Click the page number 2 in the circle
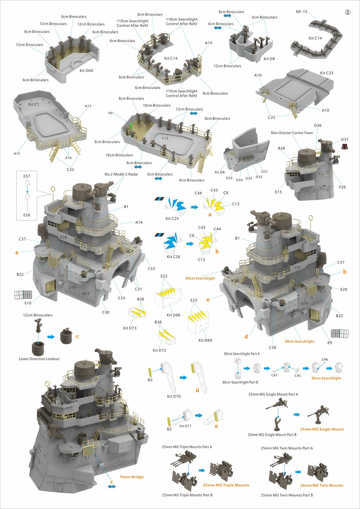[347, 12]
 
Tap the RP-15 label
[302, 12]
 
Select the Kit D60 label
[86, 71]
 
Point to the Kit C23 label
[327, 73]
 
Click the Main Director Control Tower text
[292, 133]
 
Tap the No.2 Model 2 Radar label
[121, 174]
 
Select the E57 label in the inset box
[27, 176]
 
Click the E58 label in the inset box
[27, 215]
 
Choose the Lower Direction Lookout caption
[39, 359]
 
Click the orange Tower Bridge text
[131, 477]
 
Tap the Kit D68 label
[174, 315]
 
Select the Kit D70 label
[174, 396]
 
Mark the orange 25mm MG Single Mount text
[322, 429]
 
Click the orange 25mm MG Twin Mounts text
[321, 485]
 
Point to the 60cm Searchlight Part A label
[242, 354]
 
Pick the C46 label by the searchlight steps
[325, 359]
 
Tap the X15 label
[278, 192]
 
